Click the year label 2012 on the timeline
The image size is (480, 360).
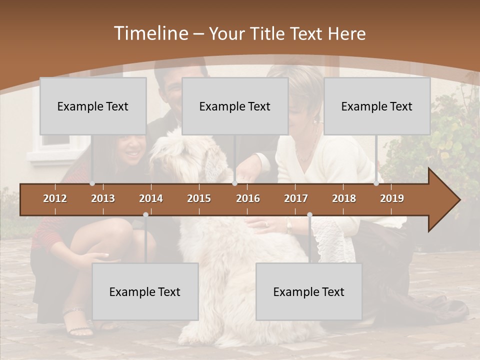point(55,198)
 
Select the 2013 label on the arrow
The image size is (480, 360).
point(103,198)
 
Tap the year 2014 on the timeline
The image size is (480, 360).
point(151,198)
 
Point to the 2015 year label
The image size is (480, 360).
point(199,198)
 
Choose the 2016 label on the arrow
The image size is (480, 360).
point(248,198)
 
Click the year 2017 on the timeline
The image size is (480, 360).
point(296,198)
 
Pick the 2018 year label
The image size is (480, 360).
point(344,198)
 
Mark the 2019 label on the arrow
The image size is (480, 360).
point(392,198)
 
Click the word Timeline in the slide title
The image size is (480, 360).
point(150,33)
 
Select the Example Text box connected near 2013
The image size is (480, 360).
point(93,106)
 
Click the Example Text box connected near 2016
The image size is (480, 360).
point(235,106)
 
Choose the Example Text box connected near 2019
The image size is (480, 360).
point(377,106)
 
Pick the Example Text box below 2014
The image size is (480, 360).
point(145,291)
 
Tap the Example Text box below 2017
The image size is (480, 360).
point(309,291)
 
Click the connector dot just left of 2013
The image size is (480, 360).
point(92,183)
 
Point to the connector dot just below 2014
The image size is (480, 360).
point(145,214)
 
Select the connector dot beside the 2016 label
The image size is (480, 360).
point(235,183)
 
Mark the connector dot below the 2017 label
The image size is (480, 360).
point(309,214)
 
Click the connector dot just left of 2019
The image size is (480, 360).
point(376,183)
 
